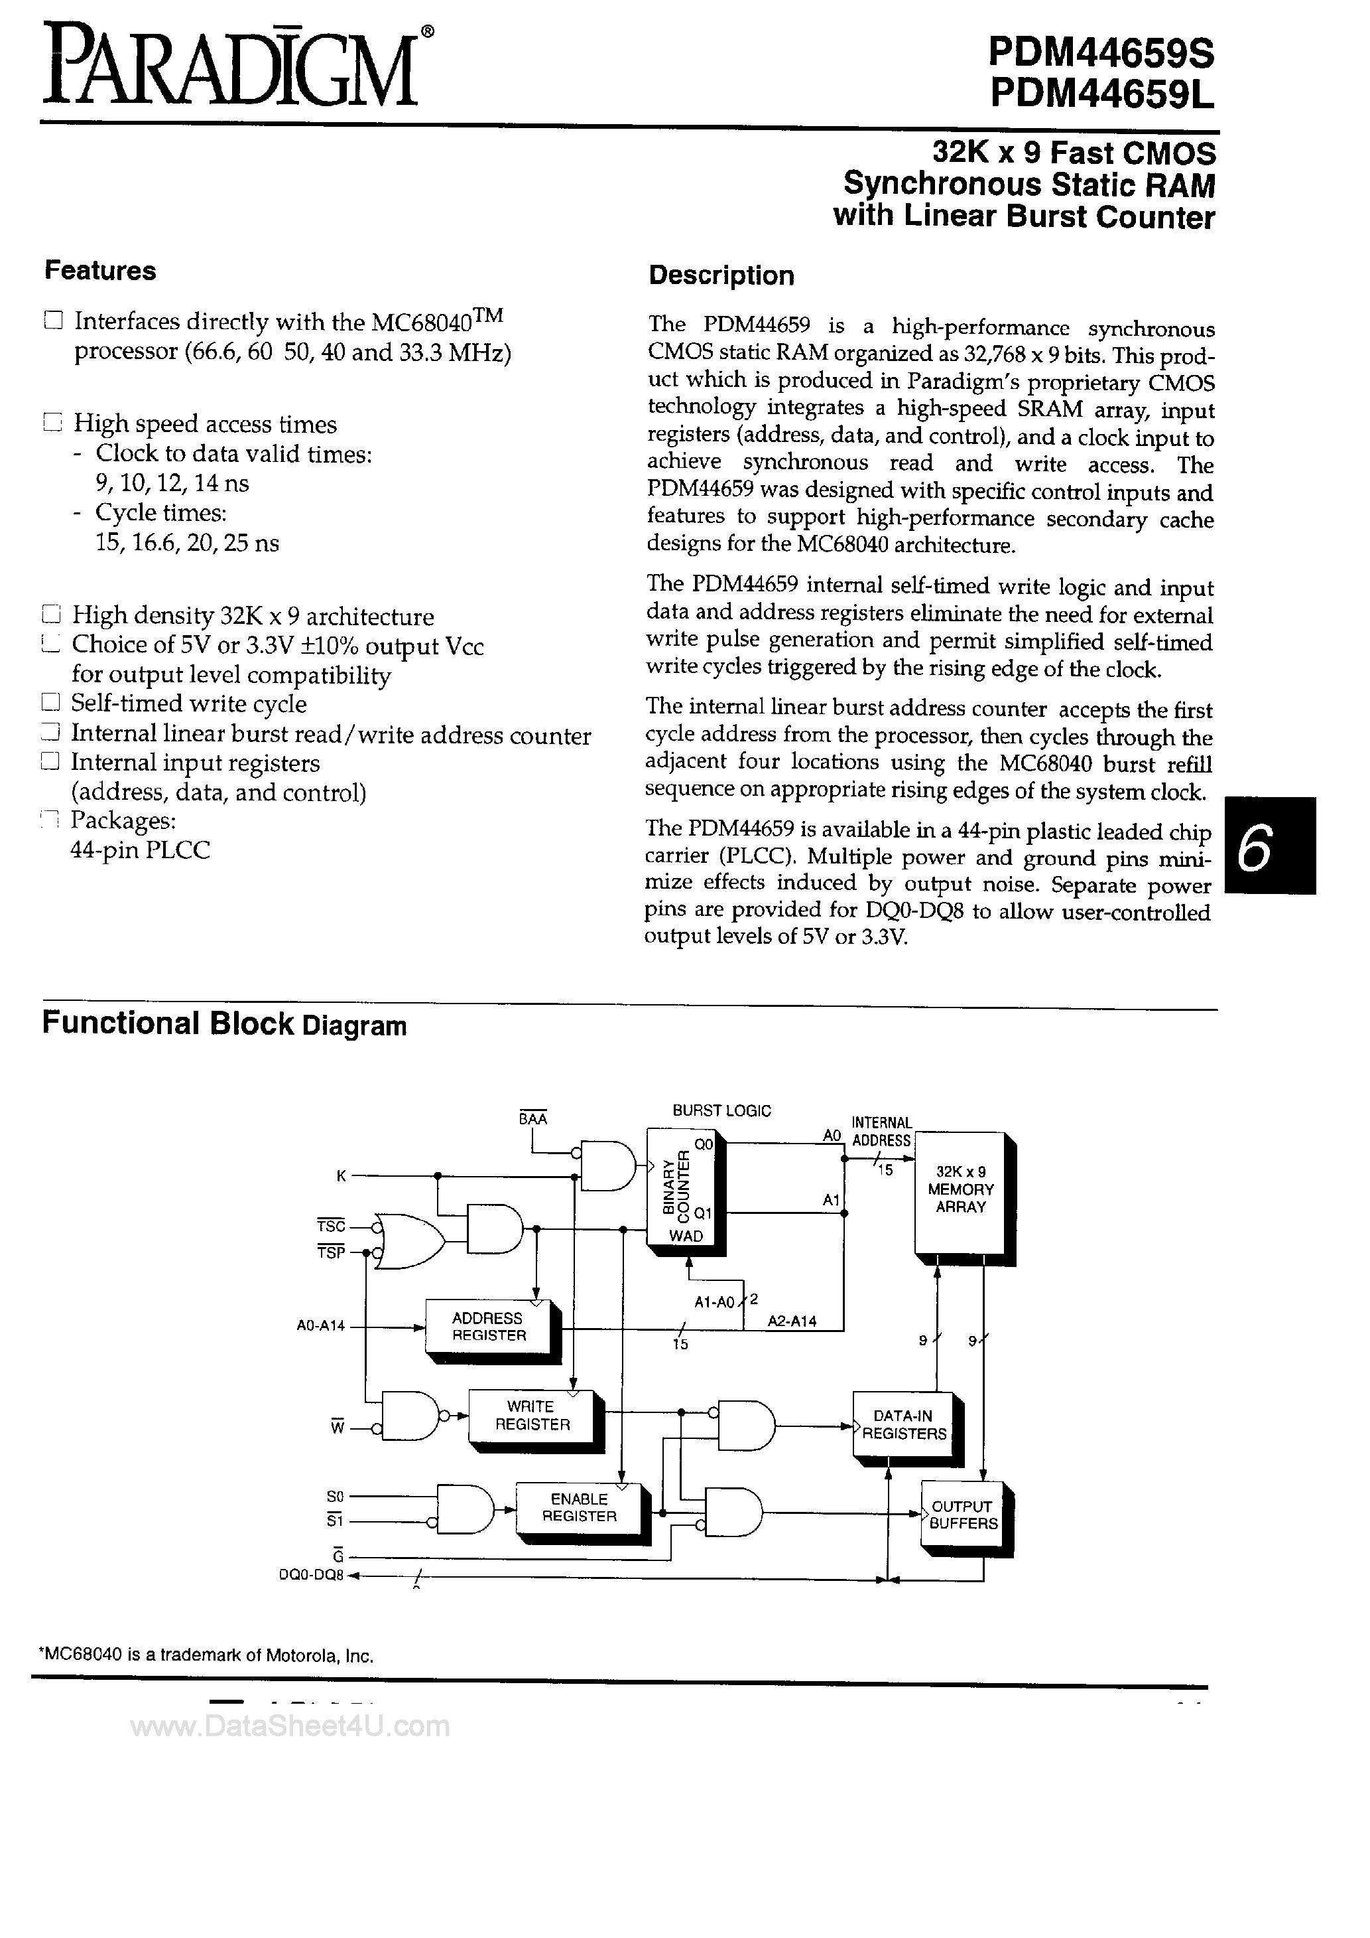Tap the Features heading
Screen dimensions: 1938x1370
[x=100, y=271]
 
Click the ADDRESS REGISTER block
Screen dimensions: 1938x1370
[x=489, y=1327]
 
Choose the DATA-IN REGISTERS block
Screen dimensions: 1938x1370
[x=903, y=1425]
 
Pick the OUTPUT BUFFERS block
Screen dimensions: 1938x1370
[x=963, y=1515]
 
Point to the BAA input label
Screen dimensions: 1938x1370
[x=532, y=1119]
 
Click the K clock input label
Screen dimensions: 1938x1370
[x=341, y=1176]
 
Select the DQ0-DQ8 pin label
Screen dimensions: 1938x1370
[x=311, y=1575]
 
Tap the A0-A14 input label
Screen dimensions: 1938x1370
[x=320, y=1326]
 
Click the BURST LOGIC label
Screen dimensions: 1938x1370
[x=721, y=1111]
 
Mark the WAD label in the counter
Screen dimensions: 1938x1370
[x=686, y=1236]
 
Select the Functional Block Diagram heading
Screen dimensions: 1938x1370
[x=224, y=1024]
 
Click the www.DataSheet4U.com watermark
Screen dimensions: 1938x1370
[x=290, y=1727]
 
